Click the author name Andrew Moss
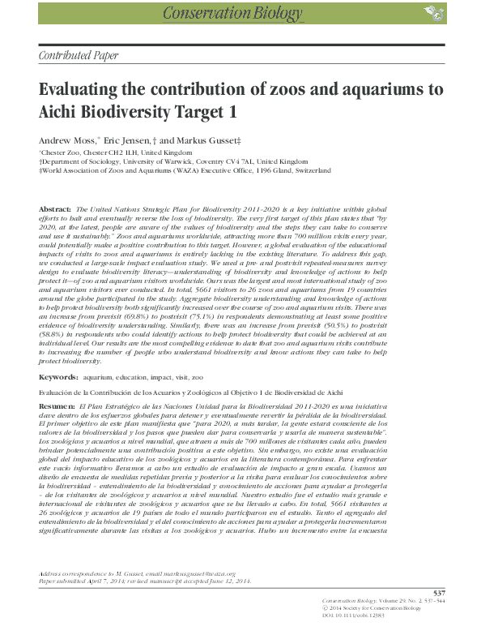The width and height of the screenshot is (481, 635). tap(68, 139)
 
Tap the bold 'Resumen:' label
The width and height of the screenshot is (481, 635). tap(57, 404)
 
